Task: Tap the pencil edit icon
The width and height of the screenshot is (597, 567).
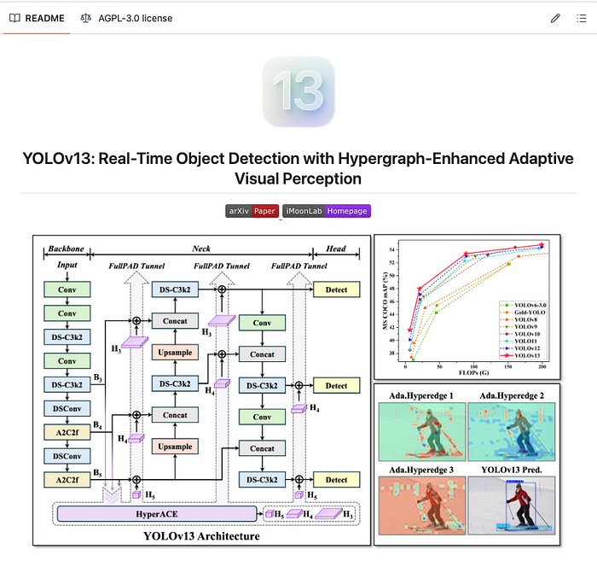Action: tap(555, 18)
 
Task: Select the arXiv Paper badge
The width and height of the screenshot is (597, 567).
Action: tap(252, 211)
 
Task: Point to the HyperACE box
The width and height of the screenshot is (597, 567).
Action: tap(156, 512)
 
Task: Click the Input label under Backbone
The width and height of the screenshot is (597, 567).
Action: tap(67, 266)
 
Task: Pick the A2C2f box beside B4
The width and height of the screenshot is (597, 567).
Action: tap(67, 432)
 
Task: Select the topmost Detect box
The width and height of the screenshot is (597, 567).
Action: tap(336, 289)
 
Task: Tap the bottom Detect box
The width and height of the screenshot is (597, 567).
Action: tap(336, 480)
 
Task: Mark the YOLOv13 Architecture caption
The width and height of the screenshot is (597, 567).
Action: tap(202, 537)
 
